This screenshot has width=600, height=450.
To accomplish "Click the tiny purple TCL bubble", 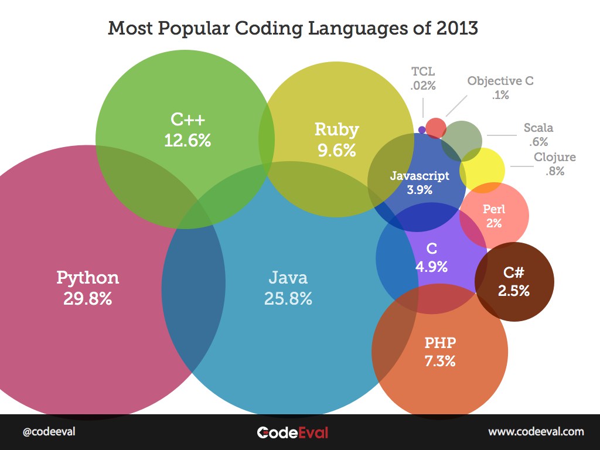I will (422, 129).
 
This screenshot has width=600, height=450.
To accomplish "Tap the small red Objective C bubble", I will (435, 128).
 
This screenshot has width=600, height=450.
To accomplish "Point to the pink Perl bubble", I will (494, 216).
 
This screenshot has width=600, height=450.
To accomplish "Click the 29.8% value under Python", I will (87, 298).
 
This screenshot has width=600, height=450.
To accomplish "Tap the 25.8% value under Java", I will (288, 298).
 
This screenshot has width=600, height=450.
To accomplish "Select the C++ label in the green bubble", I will (187, 120).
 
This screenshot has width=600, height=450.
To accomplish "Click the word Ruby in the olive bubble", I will (336, 129).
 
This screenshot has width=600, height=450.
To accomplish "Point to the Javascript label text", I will (420, 175).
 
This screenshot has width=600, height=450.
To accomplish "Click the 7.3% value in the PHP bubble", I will (439, 361).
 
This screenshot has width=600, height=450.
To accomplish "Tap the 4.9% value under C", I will (431, 267).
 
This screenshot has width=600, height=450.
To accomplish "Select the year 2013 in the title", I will (456, 28).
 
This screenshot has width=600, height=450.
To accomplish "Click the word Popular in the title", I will (193, 28).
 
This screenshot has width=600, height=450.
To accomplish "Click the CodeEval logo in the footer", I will (292, 432).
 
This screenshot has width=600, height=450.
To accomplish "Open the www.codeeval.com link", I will (536, 432).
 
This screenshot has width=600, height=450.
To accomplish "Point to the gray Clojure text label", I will (554, 157).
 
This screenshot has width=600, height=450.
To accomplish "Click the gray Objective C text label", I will (500, 81).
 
